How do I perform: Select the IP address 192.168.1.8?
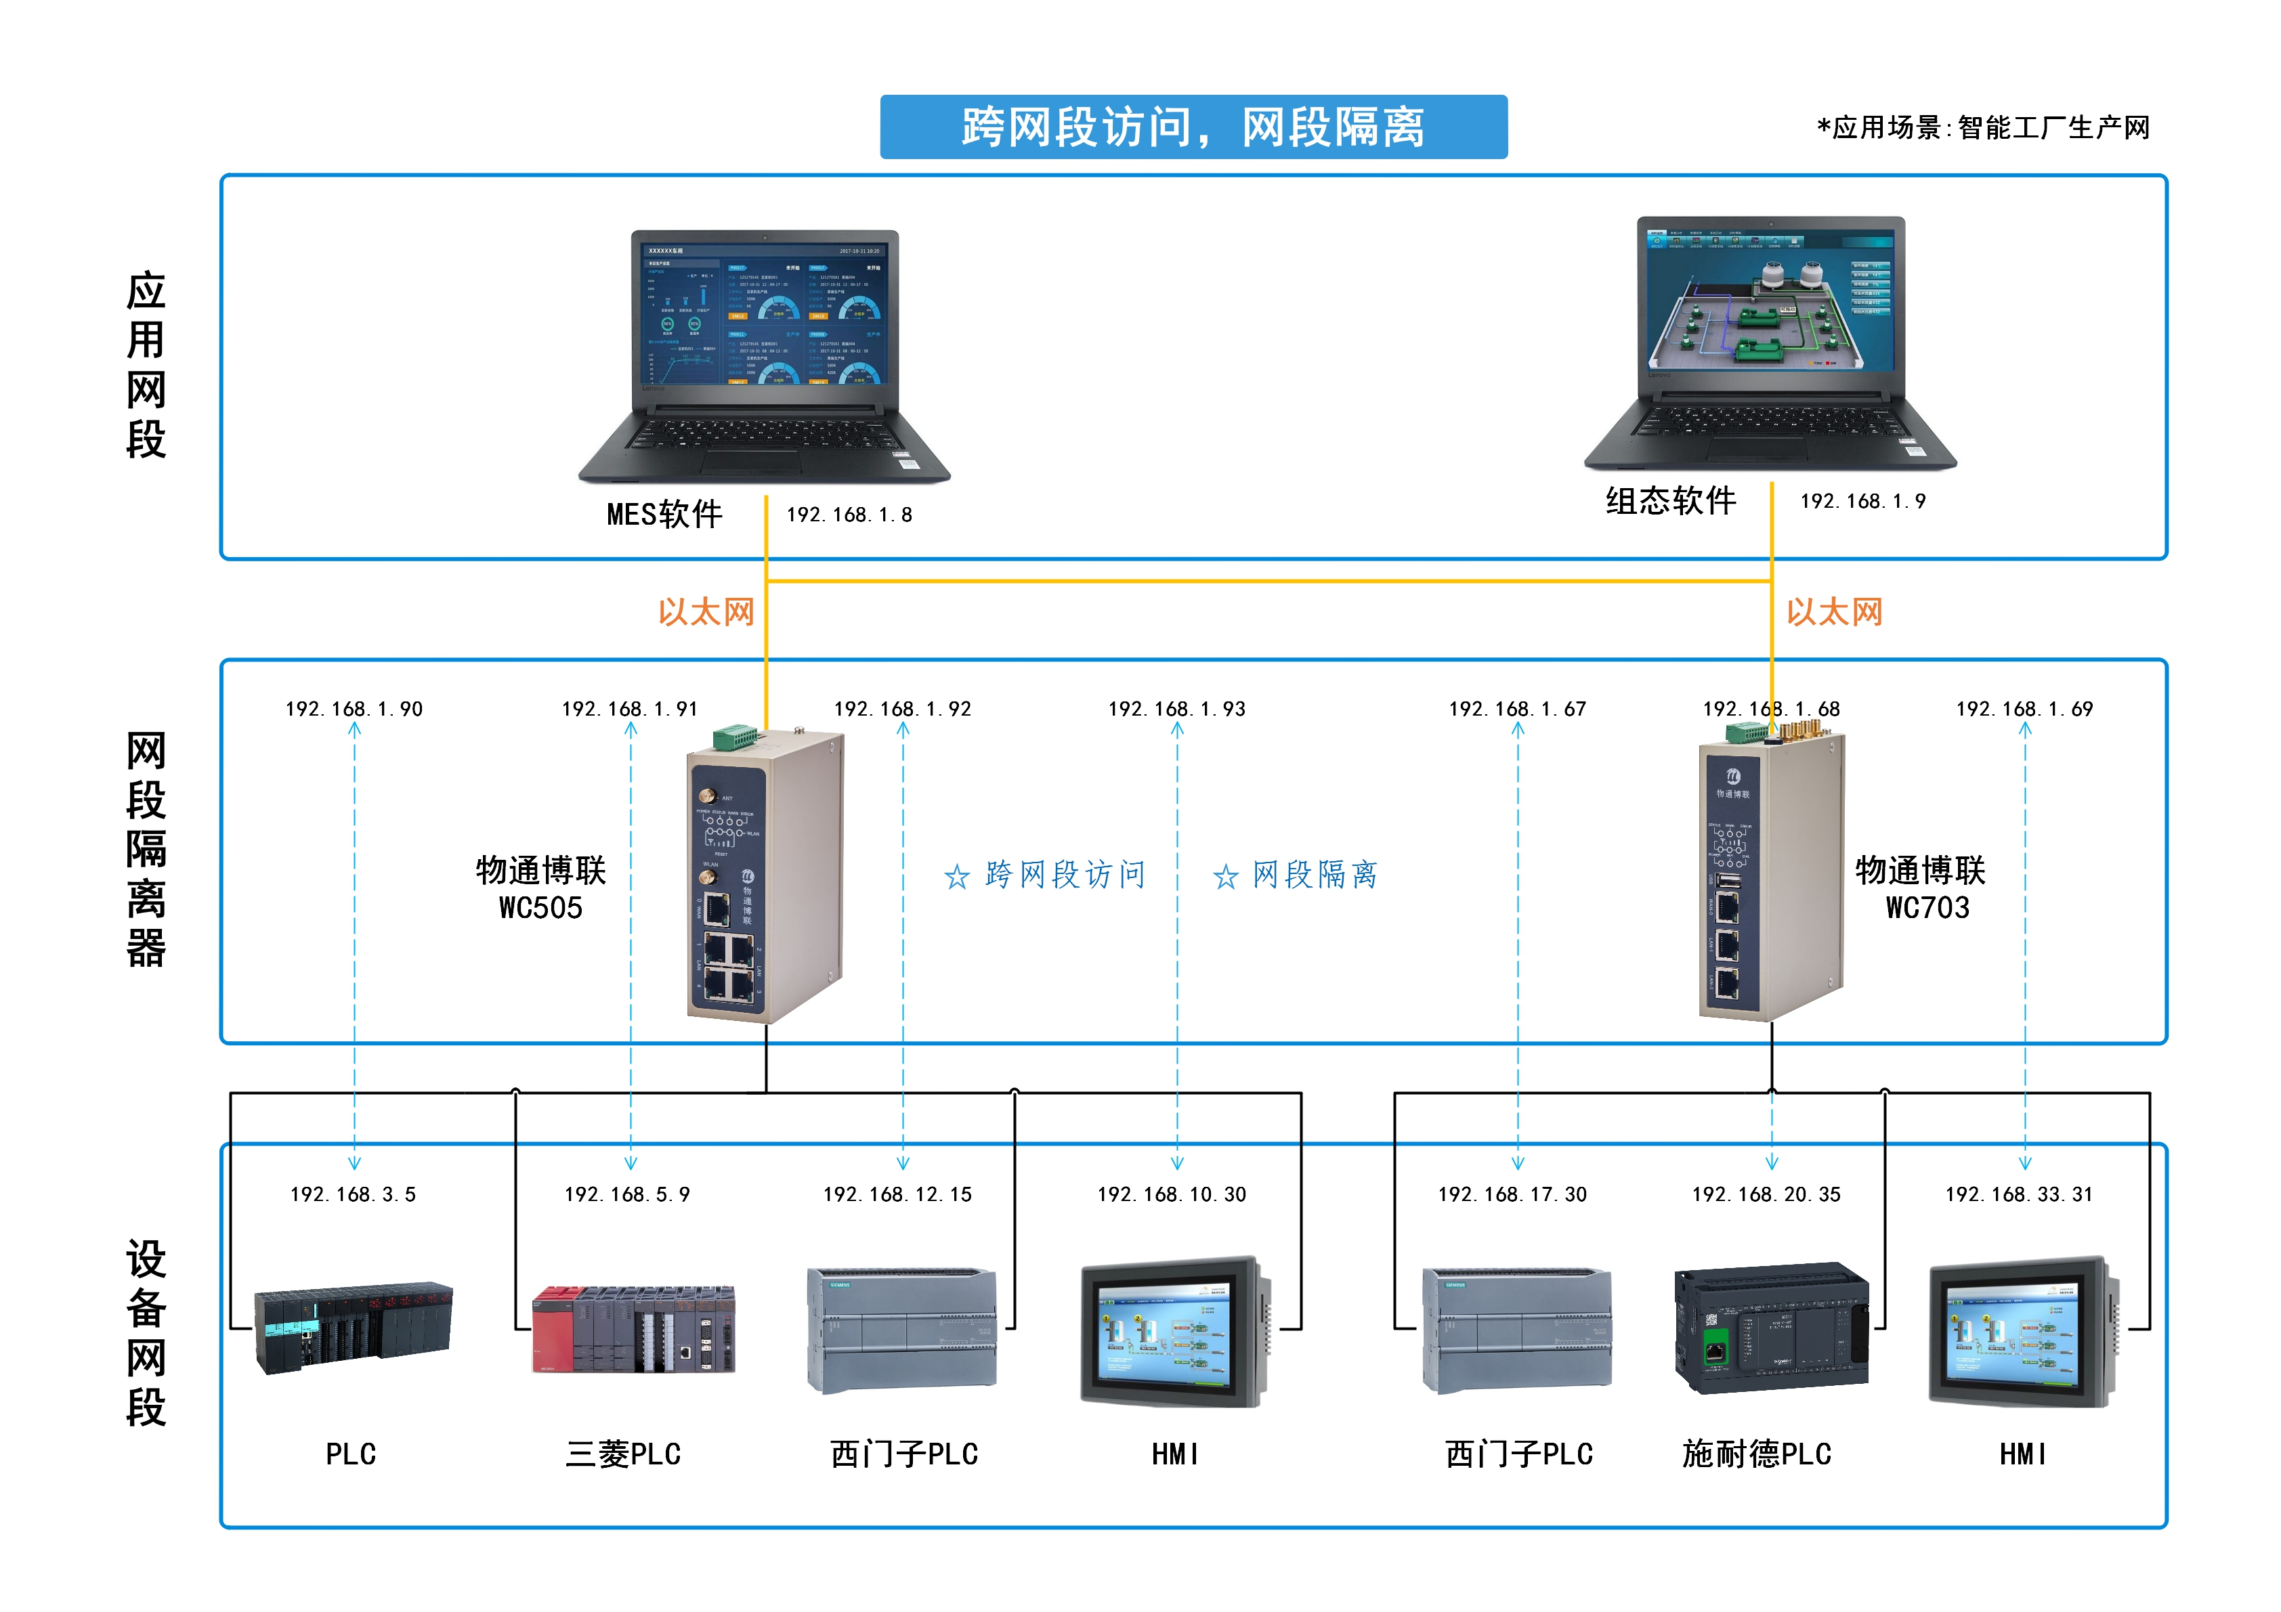pyautogui.click(x=849, y=515)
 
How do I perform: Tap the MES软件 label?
pyautogui.click(x=664, y=515)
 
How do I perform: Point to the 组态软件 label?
pyautogui.click(x=1670, y=500)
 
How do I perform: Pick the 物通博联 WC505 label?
pyautogui.click(x=540, y=888)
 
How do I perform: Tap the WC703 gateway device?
pyautogui.click(x=1770, y=874)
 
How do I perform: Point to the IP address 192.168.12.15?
pyautogui.click(x=897, y=1194)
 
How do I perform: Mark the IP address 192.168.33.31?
pyautogui.click(x=2019, y=1194)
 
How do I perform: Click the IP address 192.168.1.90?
pyautogui.click(x=354, y=709)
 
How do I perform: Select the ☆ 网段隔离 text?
pyautogui.click(x=1296, y=875)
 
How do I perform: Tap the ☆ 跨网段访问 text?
pyautogui.click(x=1045, y=875)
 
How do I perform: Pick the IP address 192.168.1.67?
pyautogui.click(x=1517, y=709)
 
